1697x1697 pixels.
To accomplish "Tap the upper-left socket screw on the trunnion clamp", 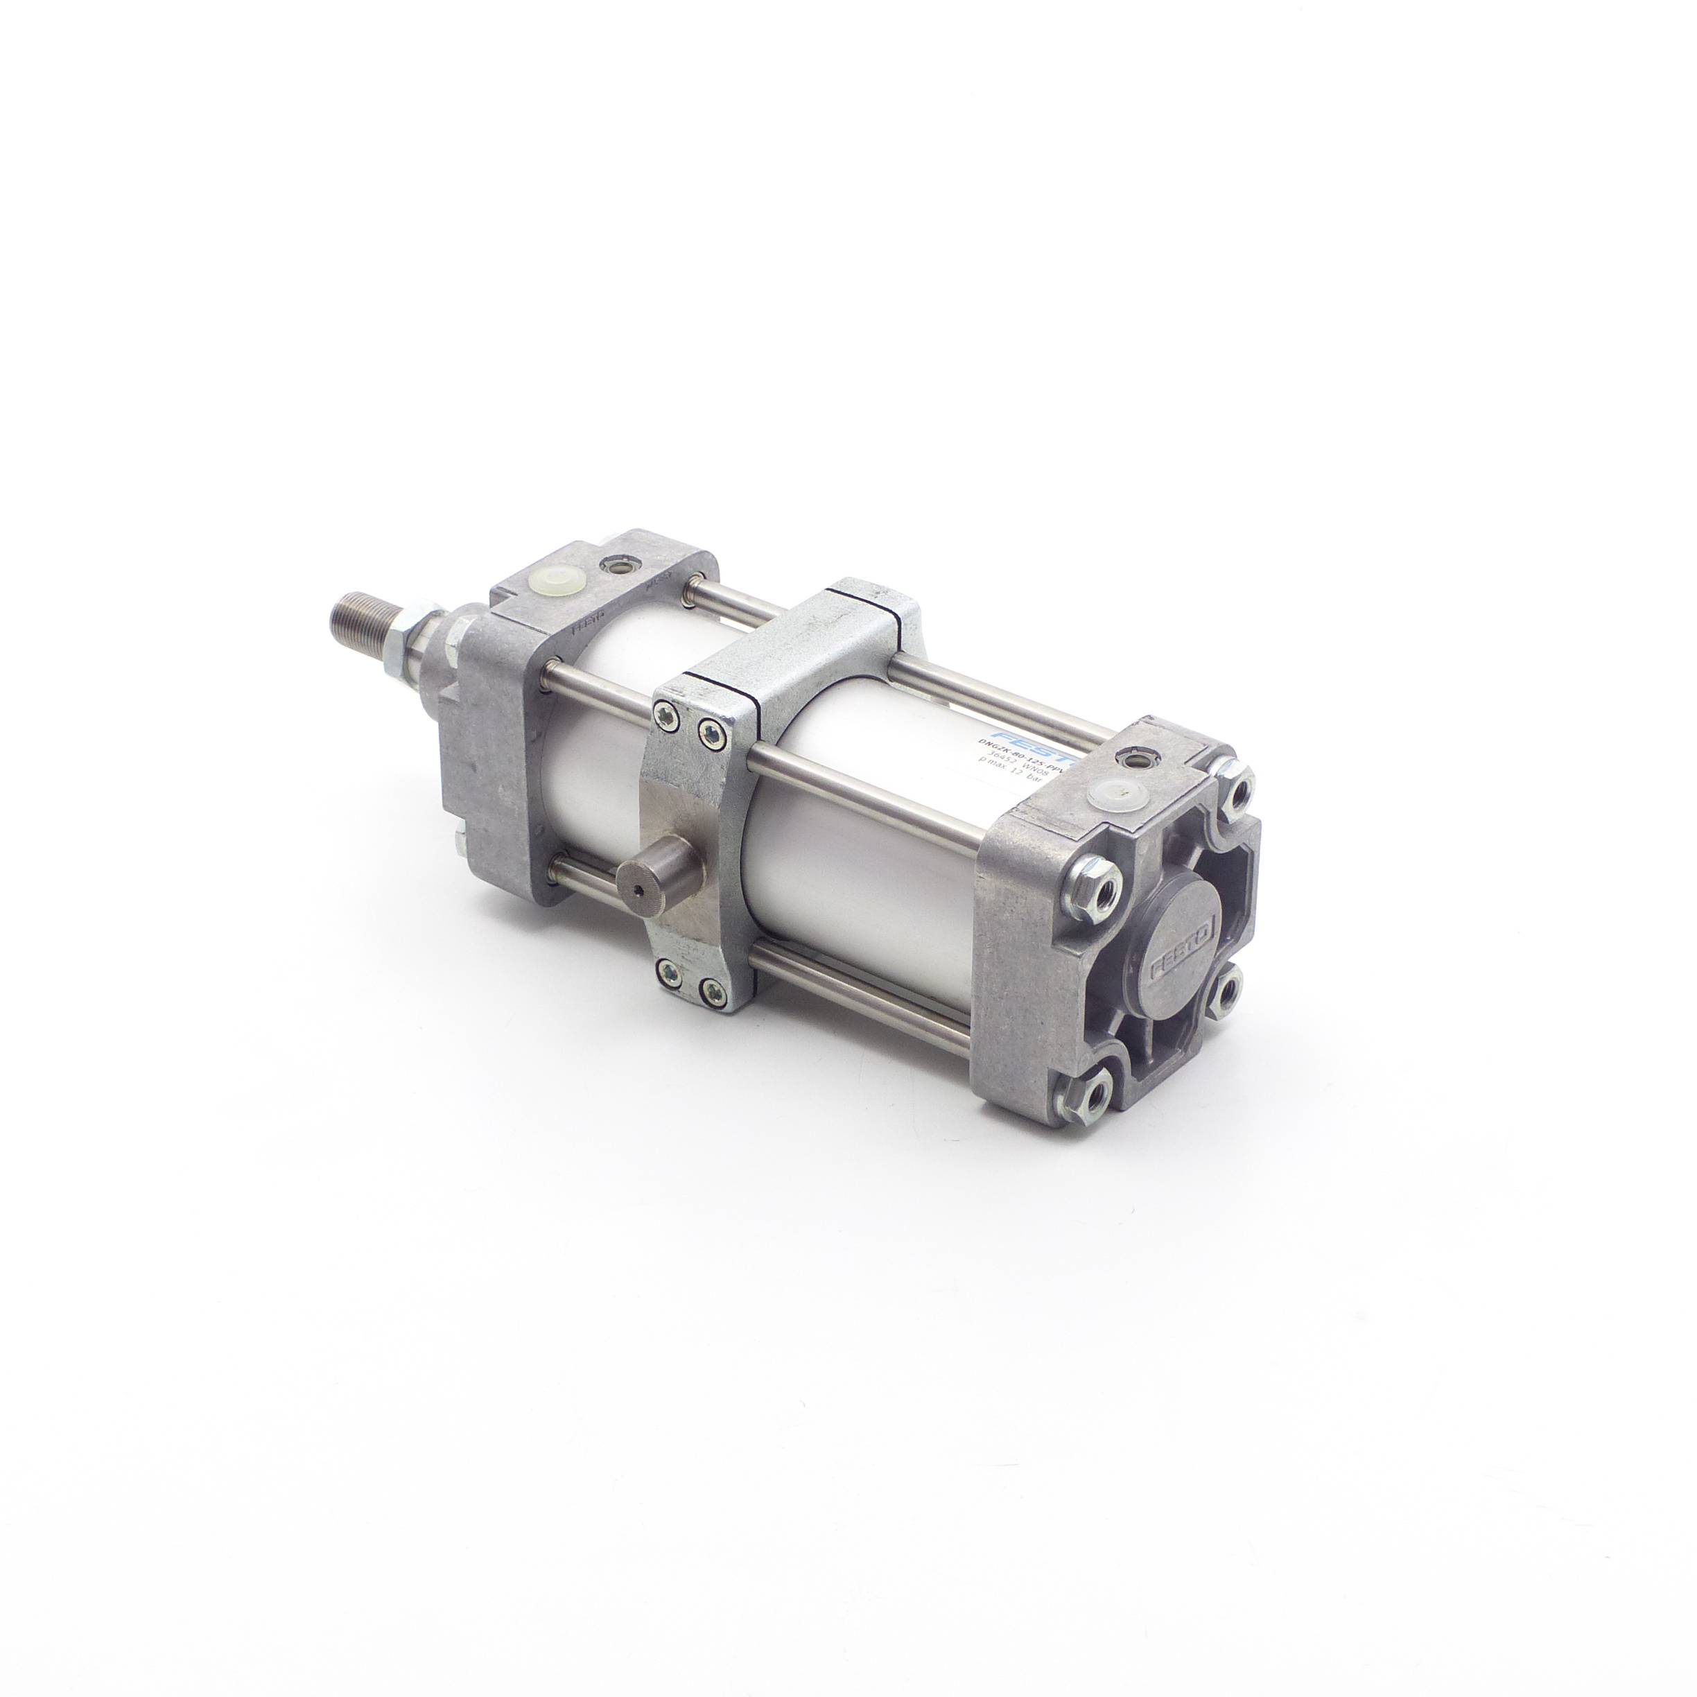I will [670, 717].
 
